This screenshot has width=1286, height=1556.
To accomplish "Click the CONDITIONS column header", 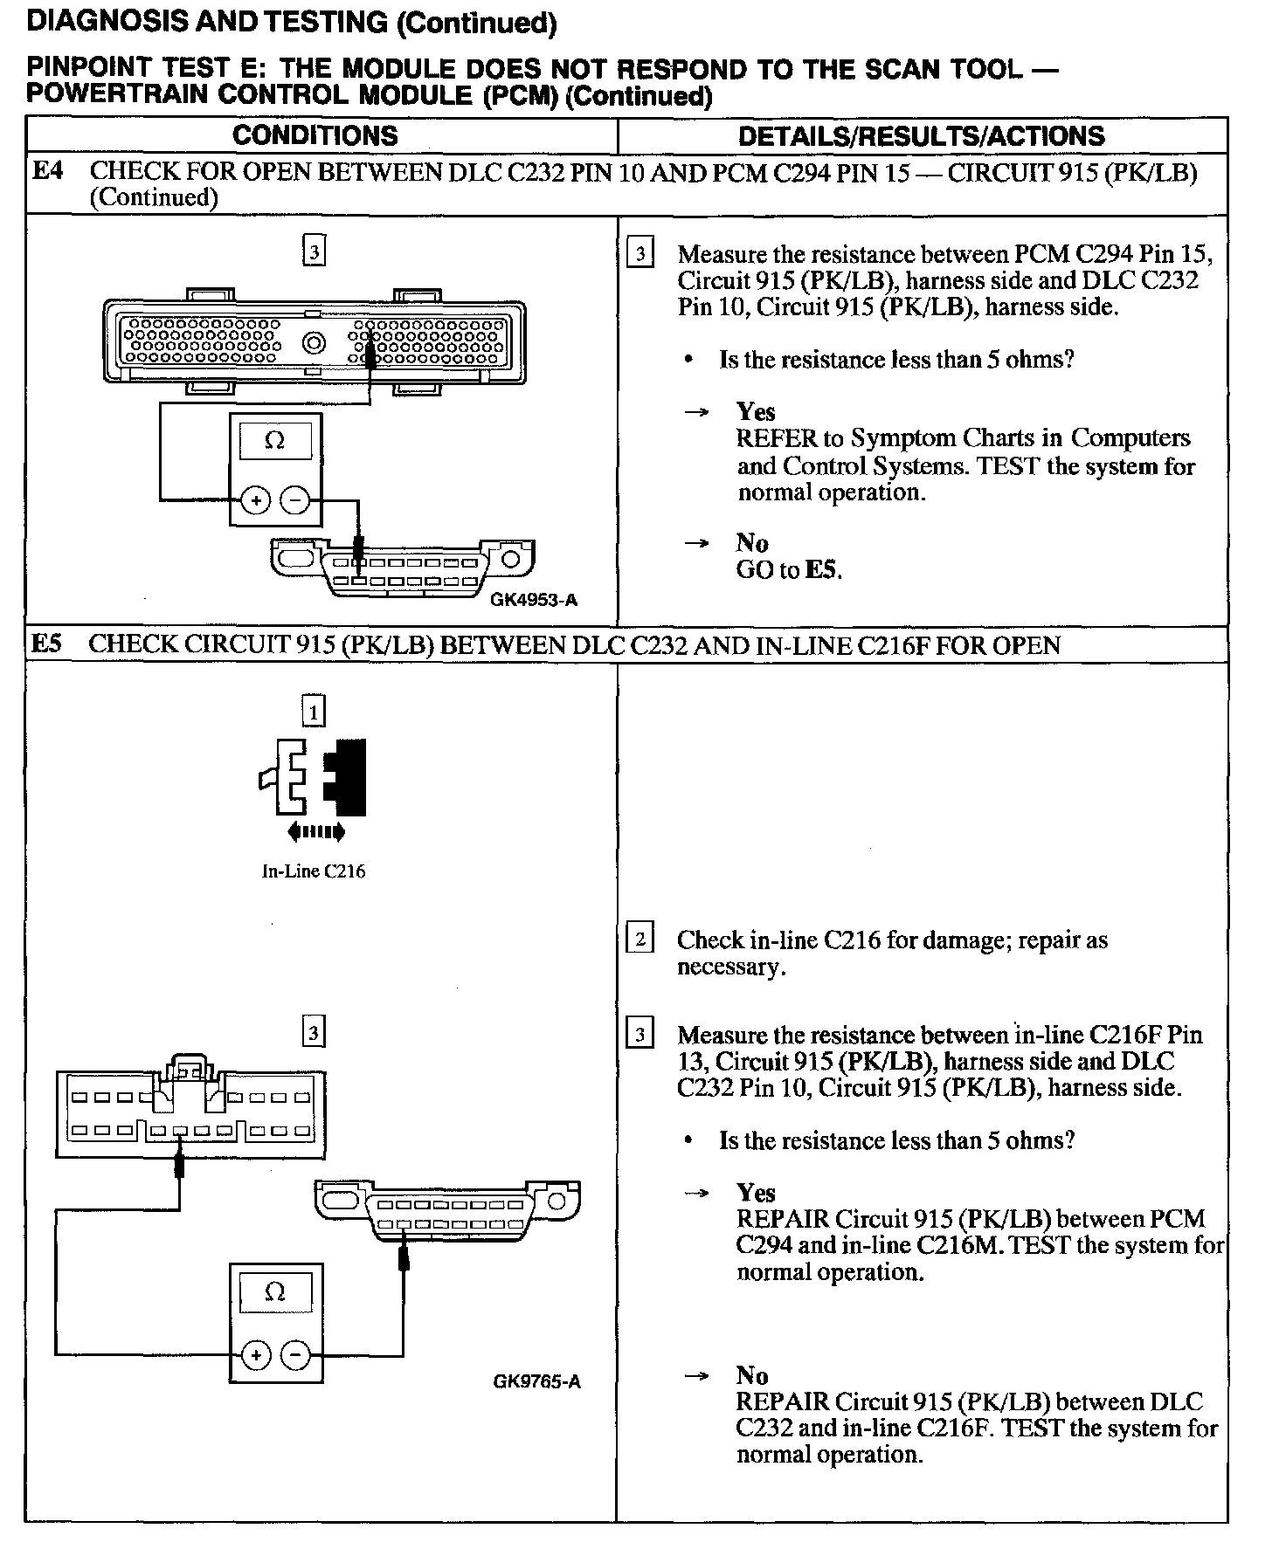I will (x=315, y=135).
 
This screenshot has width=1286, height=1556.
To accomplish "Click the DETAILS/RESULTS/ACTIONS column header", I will (x=921, y=136).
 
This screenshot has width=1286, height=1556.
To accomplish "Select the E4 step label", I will (x=47, y=171).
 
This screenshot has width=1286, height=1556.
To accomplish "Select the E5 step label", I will (x=47, y=644).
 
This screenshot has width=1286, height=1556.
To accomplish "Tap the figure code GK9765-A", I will (x=536, y=1381).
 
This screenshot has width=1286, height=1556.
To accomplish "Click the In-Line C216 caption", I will (x=314, y=871).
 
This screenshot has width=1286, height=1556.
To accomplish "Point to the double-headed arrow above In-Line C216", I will (x=315, y=832).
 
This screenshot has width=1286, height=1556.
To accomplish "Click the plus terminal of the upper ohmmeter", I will (x=256, y=500).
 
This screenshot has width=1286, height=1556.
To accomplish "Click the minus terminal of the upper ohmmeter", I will (x=296, y=500).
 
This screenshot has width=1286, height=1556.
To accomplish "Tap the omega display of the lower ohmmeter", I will (x=274, y=1292).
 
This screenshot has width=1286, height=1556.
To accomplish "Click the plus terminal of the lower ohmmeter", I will (x=256, y=1355).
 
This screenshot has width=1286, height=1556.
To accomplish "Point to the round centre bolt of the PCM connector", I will (x=314, y=343).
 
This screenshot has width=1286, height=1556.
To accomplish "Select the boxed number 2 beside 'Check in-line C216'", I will (x=640, y=940).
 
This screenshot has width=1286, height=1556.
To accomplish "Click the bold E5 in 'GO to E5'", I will (x=823, y=571).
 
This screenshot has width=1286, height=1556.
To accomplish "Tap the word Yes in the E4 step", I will (x=756, y=411).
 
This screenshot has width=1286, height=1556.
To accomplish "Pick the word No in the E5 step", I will (x=752, y=1375).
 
